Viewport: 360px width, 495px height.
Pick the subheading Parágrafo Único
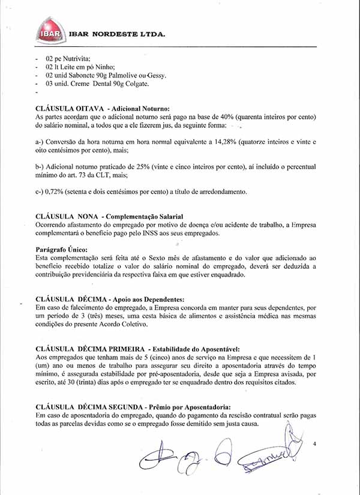coord(62,248)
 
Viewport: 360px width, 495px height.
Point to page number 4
coord(314,444)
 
